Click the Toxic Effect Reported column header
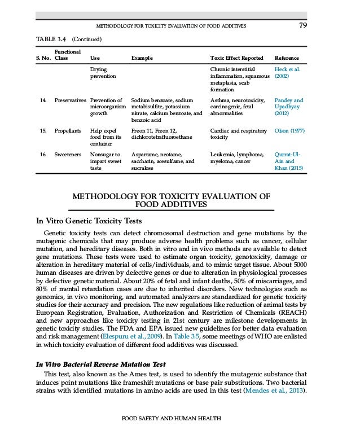[x=236, y=58]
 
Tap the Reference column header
[x=286, y=58]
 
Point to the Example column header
[x=142, y=58]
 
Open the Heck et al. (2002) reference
[x=288, y=73]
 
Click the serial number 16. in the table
[x=43, y=154]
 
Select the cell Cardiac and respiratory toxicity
[x=238, y=134]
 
